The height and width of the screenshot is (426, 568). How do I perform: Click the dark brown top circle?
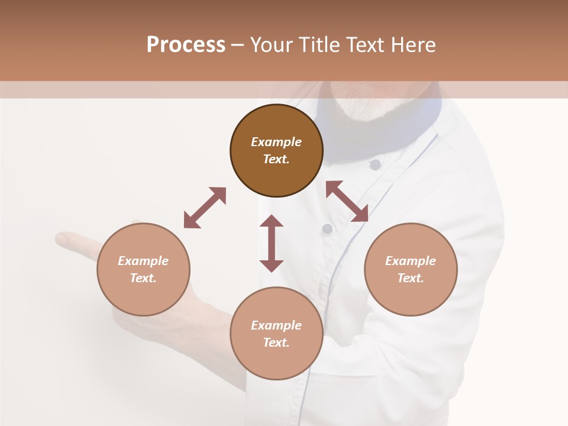pos(276,151)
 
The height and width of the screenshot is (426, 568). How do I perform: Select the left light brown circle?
pos(143,270)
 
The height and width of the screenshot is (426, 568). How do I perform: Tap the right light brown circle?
pos(411,270)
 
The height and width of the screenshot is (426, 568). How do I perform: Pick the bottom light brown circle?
pos(276,334)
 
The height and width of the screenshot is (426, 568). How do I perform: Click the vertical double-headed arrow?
pos(272,243)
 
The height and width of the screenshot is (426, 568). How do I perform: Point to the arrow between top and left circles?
pos(205,208)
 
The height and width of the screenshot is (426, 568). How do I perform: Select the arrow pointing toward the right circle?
pos(347,201)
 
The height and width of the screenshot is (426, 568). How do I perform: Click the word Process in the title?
pos(186,44)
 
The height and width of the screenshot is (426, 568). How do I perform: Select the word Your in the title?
pos(271,44)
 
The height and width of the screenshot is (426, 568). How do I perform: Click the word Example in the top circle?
pos(276,142)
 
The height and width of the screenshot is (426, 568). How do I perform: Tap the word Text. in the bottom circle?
pos(276,343)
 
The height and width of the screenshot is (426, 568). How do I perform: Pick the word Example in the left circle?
pos(143,261)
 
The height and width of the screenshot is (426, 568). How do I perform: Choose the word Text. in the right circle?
pos(411,278)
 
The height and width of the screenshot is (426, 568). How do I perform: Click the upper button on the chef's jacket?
pos(375,164)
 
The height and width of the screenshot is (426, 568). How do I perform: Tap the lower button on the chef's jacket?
pos(327,228)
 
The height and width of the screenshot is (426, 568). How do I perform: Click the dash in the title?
pos(237,45)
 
